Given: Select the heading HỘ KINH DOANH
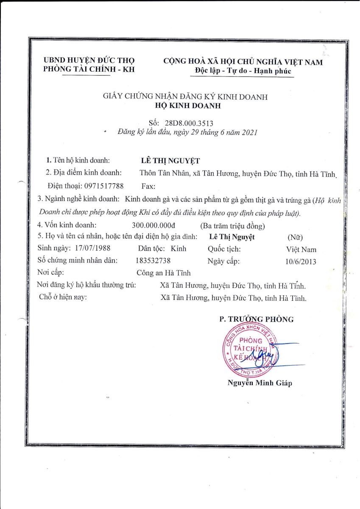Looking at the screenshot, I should pos(185,106).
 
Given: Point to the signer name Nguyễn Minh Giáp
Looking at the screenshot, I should pos(260,383).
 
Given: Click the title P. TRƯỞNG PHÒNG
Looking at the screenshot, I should pos(256,319).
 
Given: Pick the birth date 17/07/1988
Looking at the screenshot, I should pos(92,249).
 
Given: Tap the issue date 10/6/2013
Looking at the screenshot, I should pos(301,262).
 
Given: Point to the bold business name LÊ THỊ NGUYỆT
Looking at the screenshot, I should pos(170,161).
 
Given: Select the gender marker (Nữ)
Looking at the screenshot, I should pos(295,237).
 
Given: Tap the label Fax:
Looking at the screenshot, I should pos(148,186).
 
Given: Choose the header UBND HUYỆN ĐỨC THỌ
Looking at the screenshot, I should pos(89,61).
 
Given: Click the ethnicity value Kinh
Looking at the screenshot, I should pos(178,249).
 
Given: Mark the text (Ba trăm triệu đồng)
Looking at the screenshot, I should pos(232,225).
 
